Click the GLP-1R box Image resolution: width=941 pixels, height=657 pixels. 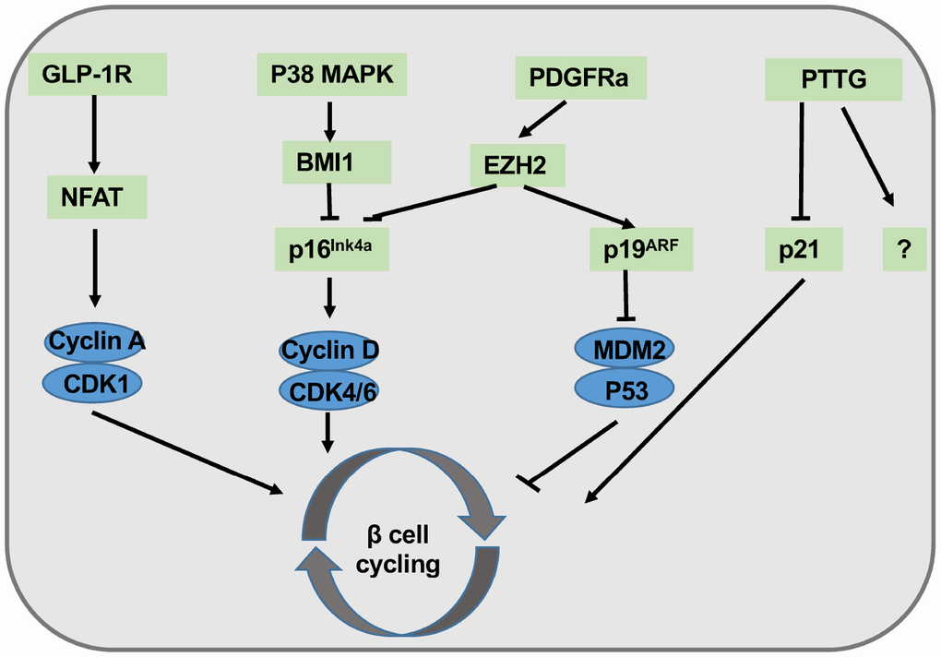[98, 75]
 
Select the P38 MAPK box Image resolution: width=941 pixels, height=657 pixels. [325, 75]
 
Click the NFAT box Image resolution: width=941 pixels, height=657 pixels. [98, 197]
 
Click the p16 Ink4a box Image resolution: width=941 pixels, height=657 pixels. [331, 248]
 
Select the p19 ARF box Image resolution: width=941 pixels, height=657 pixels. [627, 249]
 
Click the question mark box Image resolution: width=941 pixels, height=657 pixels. [904, 250]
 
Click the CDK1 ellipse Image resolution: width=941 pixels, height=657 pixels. [97, 380]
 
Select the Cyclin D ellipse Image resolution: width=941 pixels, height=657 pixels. [329, 352]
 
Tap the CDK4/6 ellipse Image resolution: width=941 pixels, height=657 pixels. [329, 390]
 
